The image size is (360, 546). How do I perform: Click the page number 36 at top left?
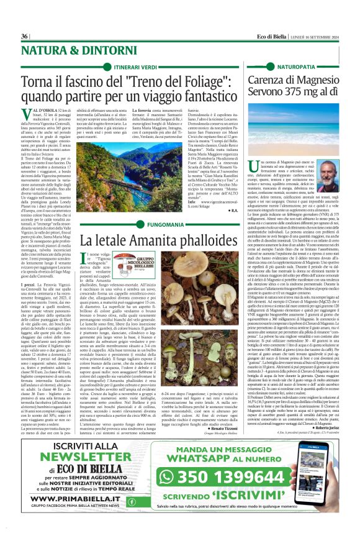click(x=24, y=37)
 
